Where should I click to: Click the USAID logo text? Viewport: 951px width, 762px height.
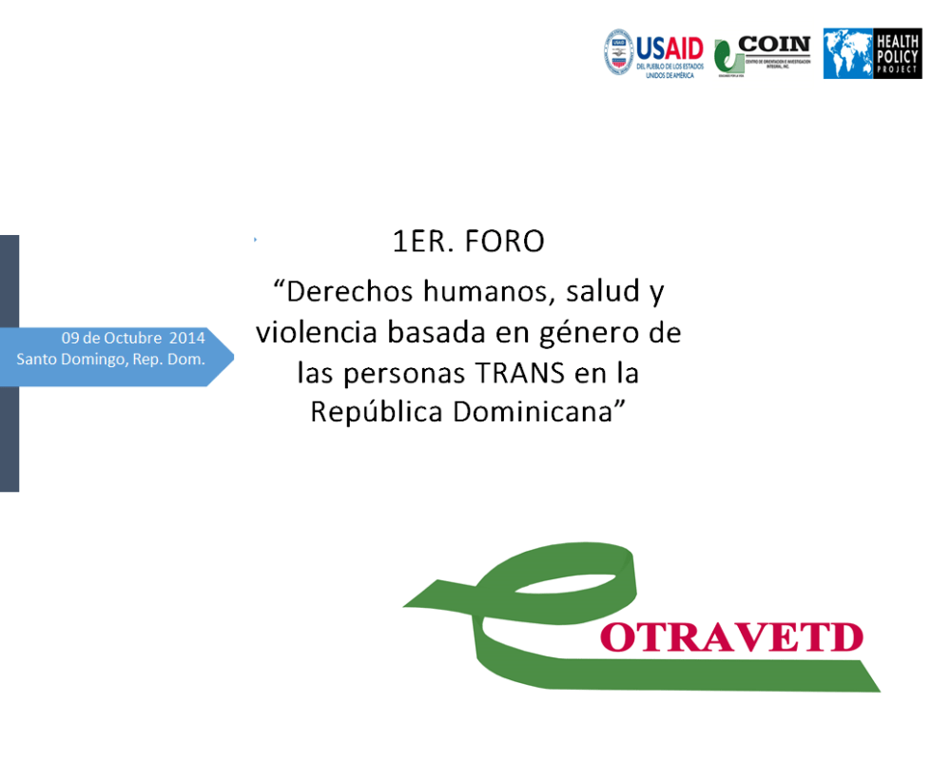click(x=670, y=47)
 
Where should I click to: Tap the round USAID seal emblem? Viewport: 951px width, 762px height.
click(x=618, y=52)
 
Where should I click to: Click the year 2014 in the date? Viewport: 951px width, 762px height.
click(x=187, y=338)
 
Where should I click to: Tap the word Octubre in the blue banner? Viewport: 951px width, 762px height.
click(x=133, y=338)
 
